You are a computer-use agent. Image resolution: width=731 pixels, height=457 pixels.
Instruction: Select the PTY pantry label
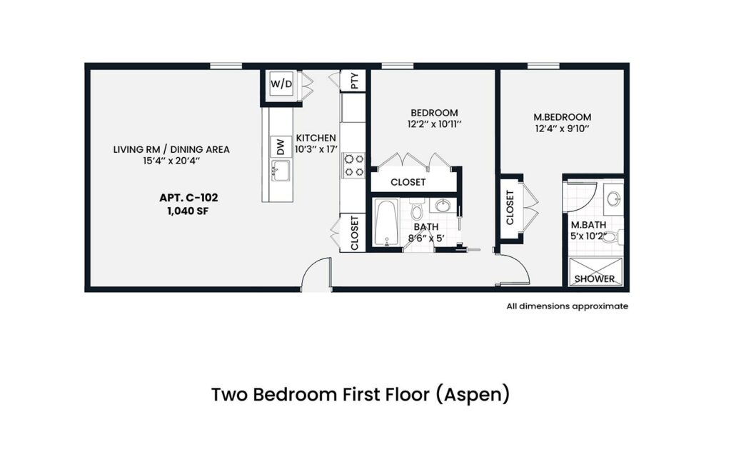355,81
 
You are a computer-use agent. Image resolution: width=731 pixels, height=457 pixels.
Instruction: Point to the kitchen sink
281,171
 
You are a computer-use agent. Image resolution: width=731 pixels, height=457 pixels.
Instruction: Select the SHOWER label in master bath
595,278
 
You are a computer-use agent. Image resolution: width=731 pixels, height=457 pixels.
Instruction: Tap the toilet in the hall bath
418,211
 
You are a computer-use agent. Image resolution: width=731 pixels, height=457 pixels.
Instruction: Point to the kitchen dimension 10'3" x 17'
316,150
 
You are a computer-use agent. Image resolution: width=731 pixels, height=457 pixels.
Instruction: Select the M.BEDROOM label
563,117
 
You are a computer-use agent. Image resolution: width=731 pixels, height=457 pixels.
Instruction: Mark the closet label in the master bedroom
510,208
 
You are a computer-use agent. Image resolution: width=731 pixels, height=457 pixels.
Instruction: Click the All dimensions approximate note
567,306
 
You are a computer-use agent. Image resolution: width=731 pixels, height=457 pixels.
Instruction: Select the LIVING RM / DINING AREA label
171,149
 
